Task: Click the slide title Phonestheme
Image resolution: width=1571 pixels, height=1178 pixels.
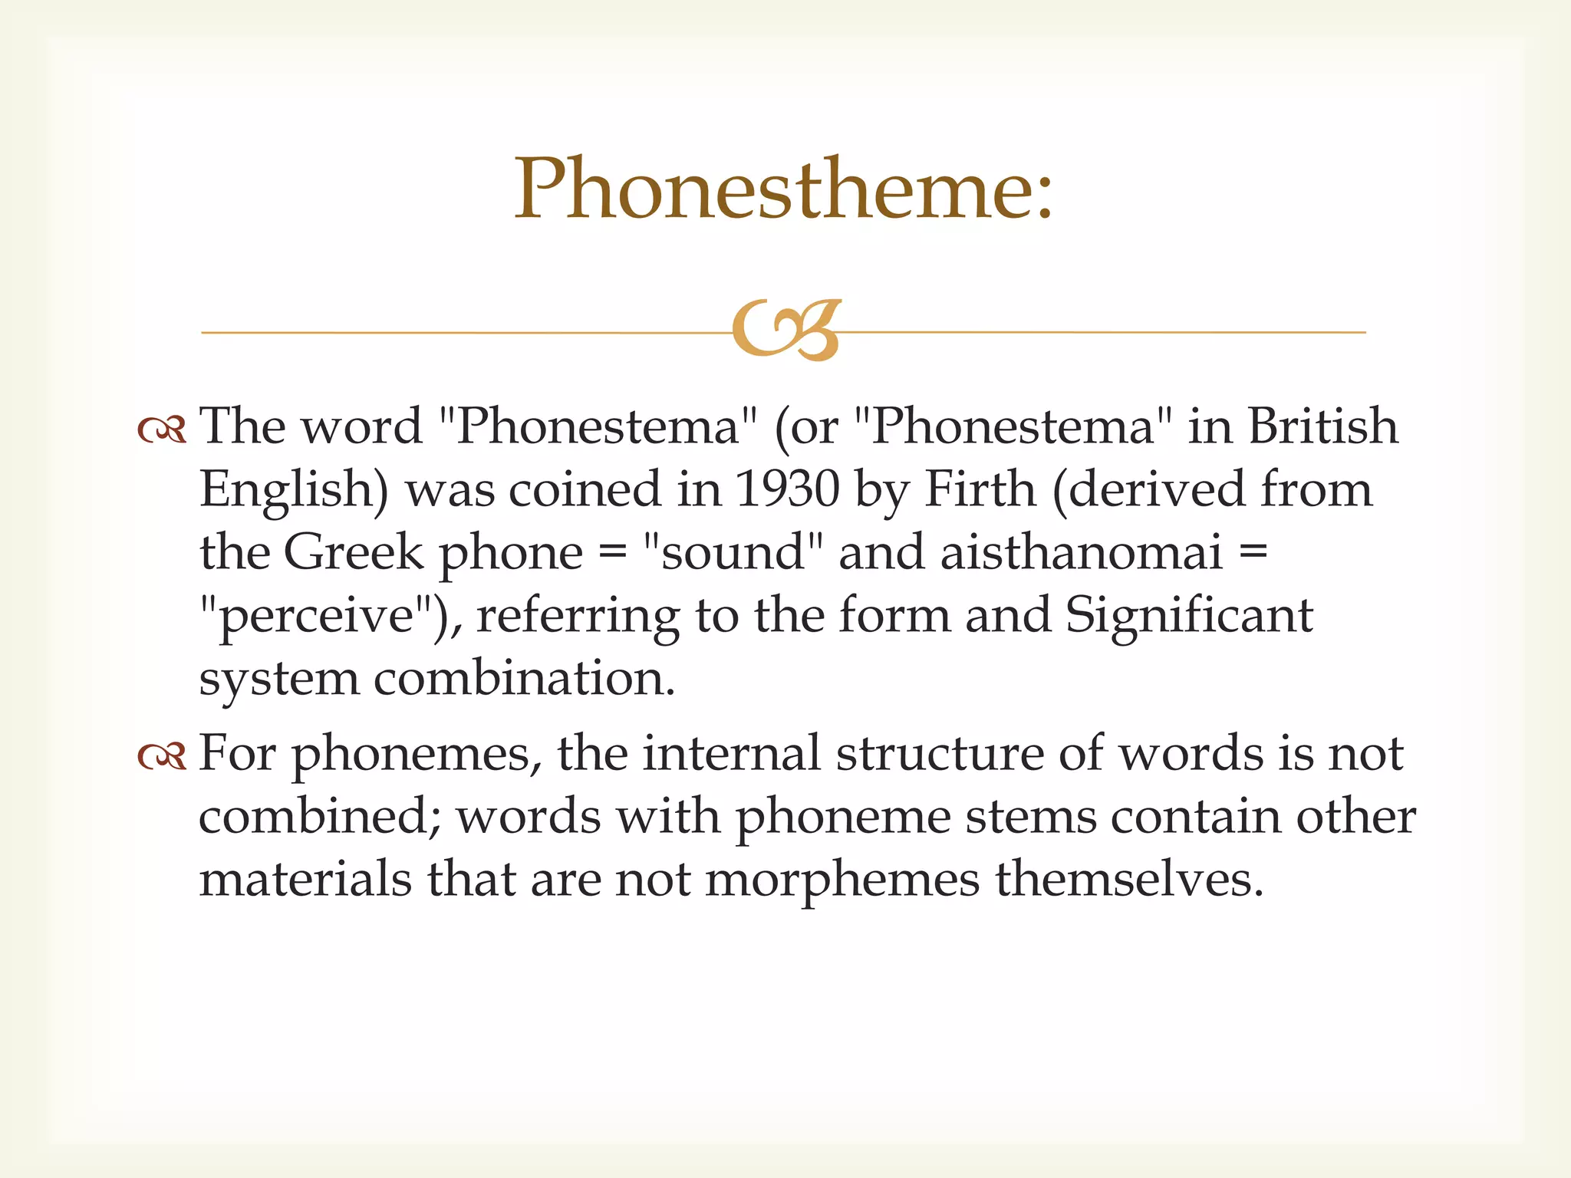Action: pos(784,189)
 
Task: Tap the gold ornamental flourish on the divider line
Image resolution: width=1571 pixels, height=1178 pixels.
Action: pos(786,330)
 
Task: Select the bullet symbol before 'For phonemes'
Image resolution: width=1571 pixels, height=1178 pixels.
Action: pos(162,757)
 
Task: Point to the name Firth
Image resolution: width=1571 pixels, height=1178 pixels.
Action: pos(980,489)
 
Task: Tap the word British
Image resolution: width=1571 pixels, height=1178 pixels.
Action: pos(1323,426)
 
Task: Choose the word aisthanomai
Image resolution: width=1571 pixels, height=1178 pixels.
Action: pos(1081,551)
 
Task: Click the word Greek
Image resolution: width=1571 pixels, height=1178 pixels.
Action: pos(354,551)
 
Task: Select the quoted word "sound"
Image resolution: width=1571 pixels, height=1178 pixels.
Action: pos(733,551)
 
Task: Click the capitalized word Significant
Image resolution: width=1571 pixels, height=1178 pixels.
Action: pos(1189,616)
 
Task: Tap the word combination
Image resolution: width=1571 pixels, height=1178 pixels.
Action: pos(525,679)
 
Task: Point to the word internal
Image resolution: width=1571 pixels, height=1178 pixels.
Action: pos(732,753)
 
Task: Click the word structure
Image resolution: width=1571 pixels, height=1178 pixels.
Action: pos(940,753)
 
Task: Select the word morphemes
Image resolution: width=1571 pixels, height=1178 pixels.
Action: pos(842,879)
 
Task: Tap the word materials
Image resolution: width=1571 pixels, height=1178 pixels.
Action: pos(305,879)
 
